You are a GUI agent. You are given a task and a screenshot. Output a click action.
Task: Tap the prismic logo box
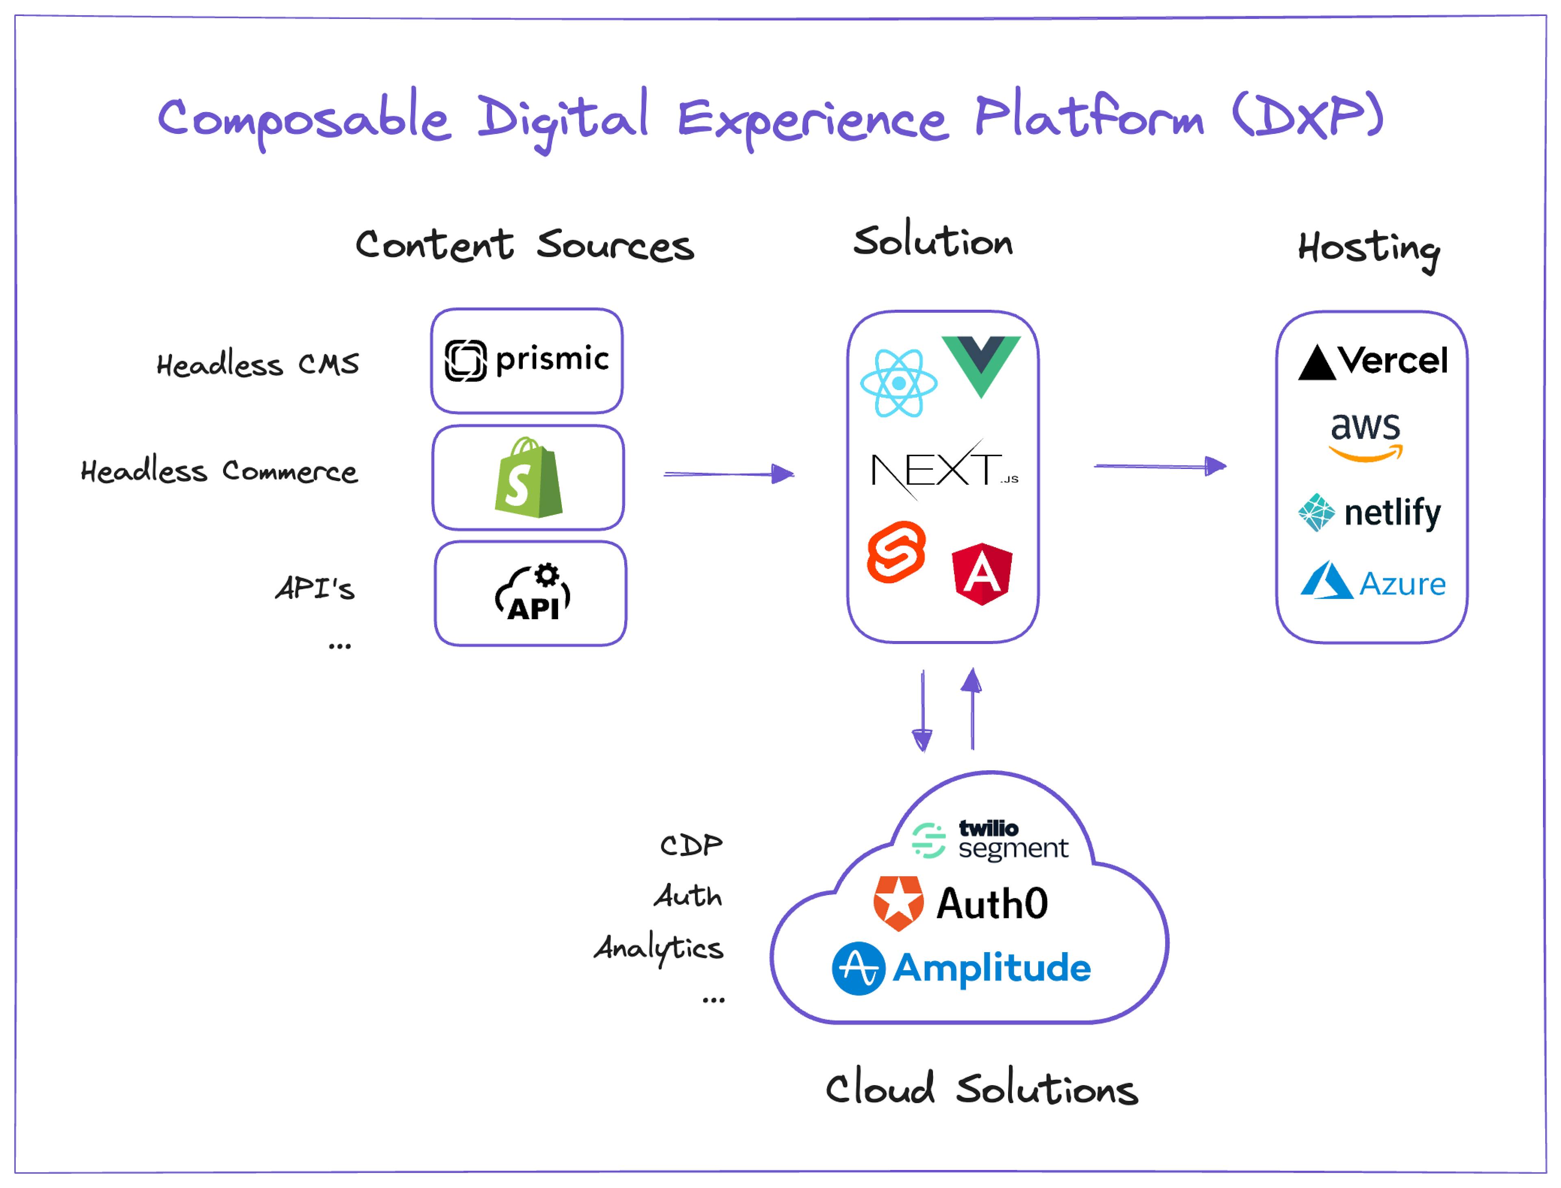tap(527, 361)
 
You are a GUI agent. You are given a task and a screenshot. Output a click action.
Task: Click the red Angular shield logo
tap(982, 574)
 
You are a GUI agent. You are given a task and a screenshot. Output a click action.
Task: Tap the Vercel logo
tap(1372, 361)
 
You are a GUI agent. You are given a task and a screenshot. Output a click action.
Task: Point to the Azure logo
tap(1373, 582)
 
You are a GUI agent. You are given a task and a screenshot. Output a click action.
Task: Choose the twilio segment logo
tap(990, 840)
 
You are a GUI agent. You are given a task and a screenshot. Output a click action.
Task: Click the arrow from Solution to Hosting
tap(1159, 466)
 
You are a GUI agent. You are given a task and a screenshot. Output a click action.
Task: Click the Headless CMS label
tap(257, 365)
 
